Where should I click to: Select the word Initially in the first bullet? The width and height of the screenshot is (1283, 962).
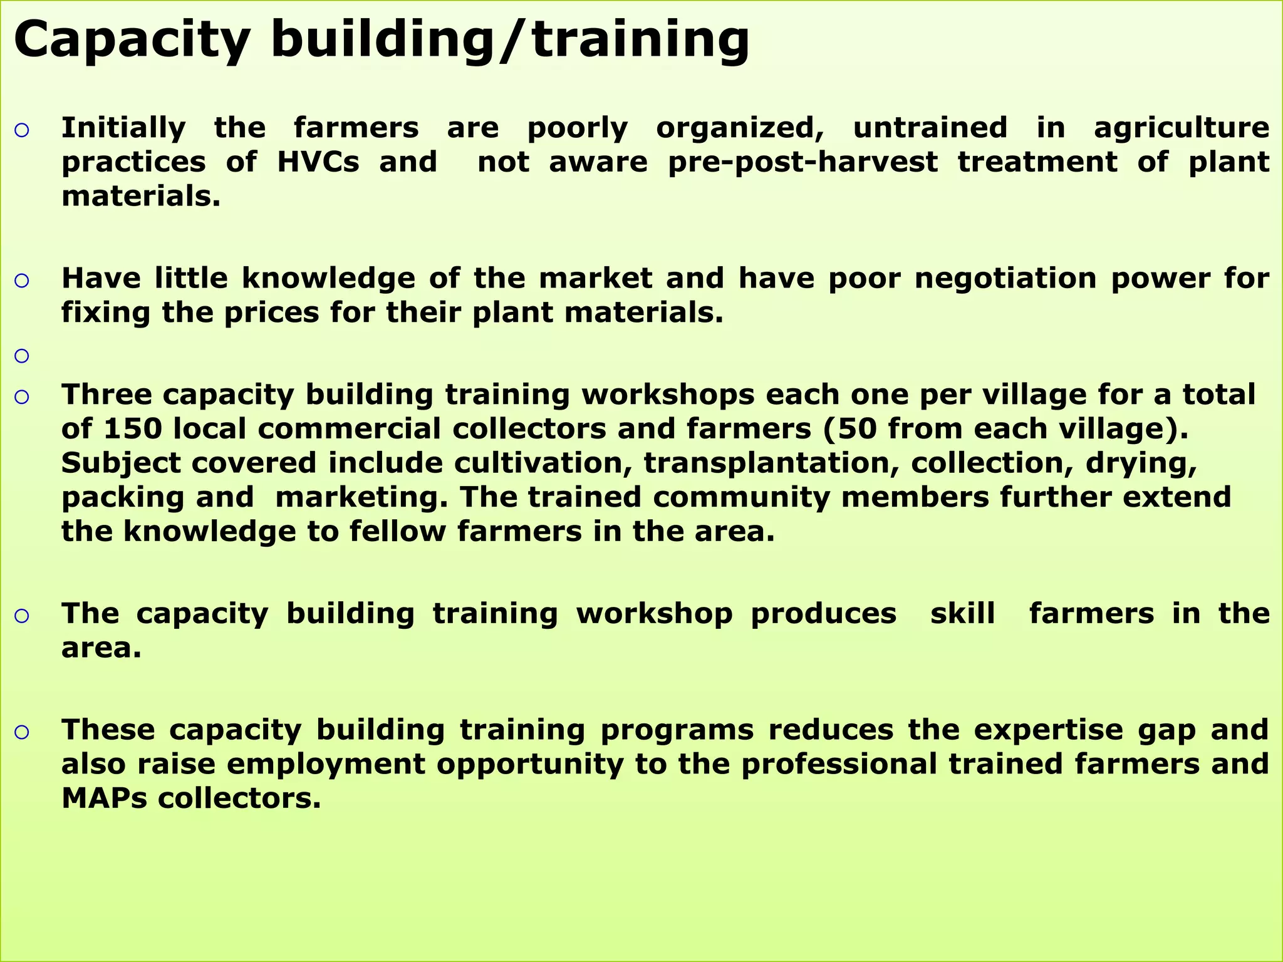pyautogui.click(x=123, y=129)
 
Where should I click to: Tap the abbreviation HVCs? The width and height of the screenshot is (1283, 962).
pyautogui.click(x=318, y=163)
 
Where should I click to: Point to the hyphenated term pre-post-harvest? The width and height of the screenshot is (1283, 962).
pyautogui.click(x=803, y=163)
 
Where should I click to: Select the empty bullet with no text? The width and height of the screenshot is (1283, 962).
pyautogui.click(x=22, y=356)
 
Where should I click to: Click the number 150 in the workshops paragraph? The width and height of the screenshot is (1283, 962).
pyautogui.click(x=133, y=429)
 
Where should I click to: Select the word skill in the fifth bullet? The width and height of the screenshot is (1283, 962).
pyautogui.click(x=962, y=614)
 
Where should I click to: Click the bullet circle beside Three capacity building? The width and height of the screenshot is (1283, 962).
pyautogui.click(x=22, y=396)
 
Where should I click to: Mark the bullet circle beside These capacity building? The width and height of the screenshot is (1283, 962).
pyautogui.click(x=22, y=732)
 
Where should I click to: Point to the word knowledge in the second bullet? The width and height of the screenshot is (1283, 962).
pyautogui.click(x=328, y=279)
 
